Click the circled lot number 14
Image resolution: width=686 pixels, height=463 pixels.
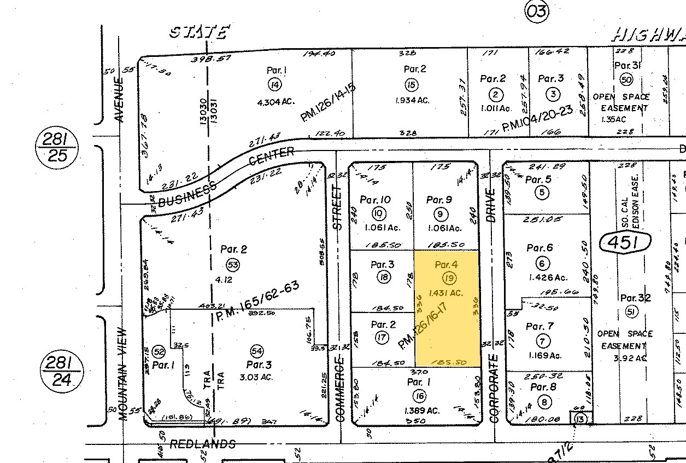pyautogui.click(x=274, y=84)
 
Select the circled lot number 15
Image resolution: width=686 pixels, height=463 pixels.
pyautogui.click(x=411, y=84)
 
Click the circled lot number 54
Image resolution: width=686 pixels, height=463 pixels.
pyautogui.click(x=255, y=350)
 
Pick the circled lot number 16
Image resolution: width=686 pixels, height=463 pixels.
pyautogui.click(x=419, y=396)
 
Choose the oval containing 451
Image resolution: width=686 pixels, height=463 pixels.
pyautogui.click(x=626, y=242)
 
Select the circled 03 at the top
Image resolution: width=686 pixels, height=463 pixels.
pyautogui.click(x=537, y=11)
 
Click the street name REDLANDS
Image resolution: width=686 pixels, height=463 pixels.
pyautogui.click(x=202, y=444)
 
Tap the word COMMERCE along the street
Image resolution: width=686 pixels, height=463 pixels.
pyautogui.click(x=341, y=389)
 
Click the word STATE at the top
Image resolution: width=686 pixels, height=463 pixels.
pyautogui.click(x=198, y=33)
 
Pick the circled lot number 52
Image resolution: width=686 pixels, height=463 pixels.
pyautogui.click(x=159, y=351)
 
